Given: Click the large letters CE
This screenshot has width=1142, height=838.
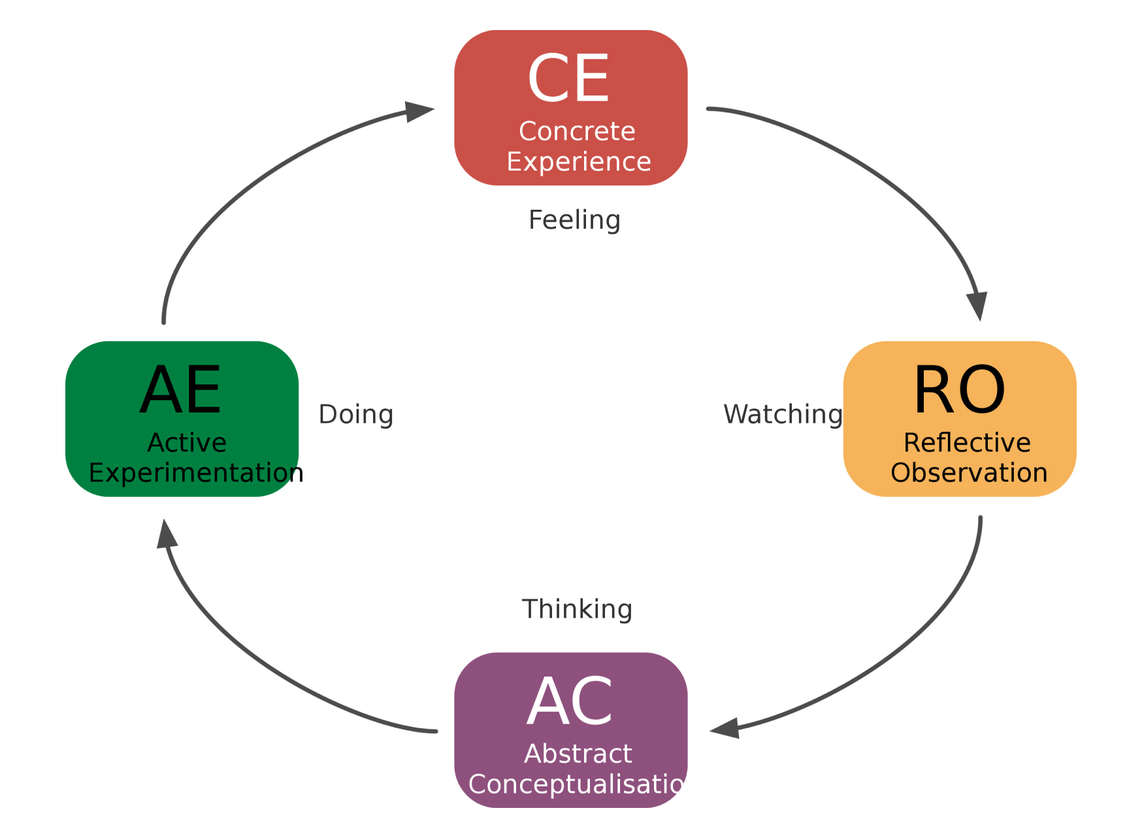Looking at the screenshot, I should (x=568, y=79).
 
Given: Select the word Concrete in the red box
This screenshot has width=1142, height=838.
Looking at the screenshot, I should (x=577, y=131).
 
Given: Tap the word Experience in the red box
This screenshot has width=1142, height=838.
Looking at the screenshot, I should (x=579, y=161).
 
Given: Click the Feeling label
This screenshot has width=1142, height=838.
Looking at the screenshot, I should (x=574, y=220).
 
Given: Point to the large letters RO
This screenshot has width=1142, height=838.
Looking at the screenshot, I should (x=959, y=390).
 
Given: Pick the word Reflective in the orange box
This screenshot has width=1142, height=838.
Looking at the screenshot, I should (x=967, y=443).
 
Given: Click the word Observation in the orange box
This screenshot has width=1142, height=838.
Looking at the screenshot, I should (x=969, y=473).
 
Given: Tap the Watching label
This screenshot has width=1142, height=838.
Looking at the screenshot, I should (x=783, y=414).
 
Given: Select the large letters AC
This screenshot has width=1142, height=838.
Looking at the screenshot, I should (x=570, y=702).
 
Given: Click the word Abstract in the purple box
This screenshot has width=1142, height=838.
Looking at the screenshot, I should (x=578, y=754).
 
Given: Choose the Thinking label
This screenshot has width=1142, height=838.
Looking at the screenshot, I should (x=577, y=609).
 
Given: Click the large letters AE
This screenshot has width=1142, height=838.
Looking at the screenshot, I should (x=181, y=390).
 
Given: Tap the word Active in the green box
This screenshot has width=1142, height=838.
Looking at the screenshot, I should (x=187, y=443).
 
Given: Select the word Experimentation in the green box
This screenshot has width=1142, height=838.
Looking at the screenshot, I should (x=196, y=473).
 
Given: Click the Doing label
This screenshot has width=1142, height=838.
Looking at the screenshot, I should (x=356, y=414).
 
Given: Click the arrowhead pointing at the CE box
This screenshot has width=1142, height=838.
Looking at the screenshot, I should (x=418, y=111).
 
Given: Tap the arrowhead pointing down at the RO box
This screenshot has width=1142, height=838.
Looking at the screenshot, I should (x=977, y=305).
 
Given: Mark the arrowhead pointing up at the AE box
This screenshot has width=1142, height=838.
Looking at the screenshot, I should (x=167, y=535).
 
